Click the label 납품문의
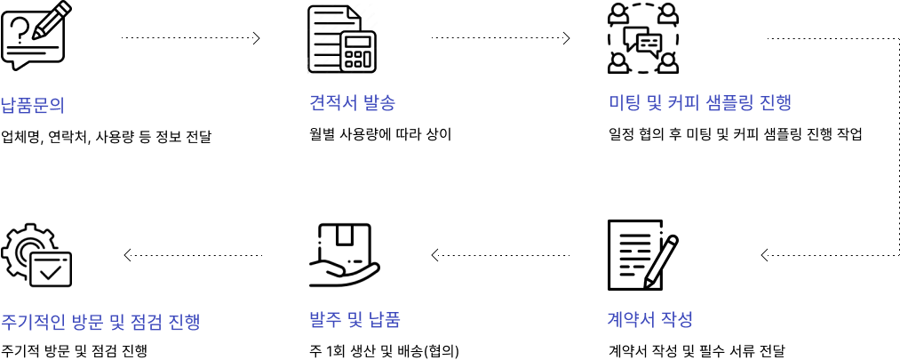coord(32,106)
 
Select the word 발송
coord(378,103)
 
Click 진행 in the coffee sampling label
coord(775,103)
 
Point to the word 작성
coord(677,320)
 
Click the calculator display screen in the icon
coord(358,42)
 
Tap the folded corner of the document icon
coord(354,13)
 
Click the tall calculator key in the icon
coord(367,59)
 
